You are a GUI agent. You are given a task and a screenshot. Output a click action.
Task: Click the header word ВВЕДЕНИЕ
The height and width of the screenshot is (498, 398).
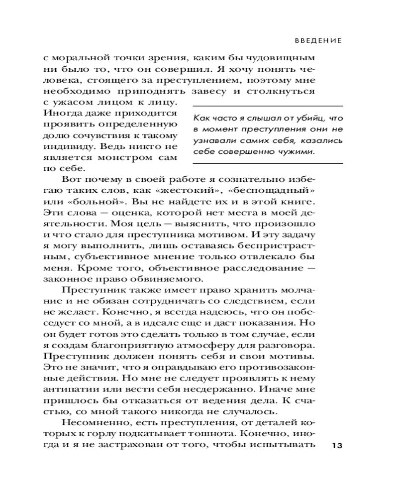317,41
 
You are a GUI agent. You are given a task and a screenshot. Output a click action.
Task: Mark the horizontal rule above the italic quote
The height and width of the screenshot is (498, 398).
267,106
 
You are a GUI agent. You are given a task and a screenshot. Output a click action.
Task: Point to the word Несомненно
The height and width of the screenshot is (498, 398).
89,423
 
